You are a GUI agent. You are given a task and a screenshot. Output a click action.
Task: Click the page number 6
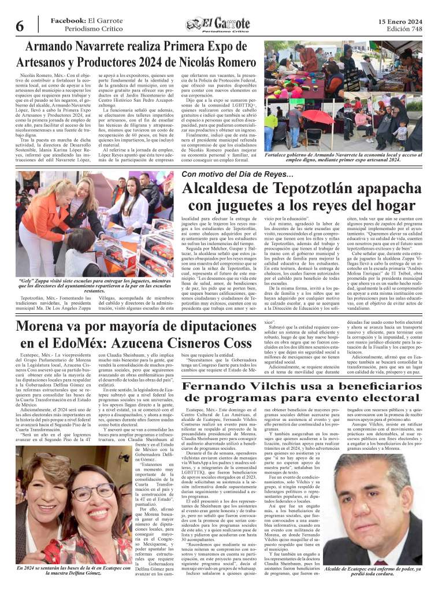[19, 25]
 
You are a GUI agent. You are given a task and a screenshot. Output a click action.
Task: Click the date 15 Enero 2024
[400, 21]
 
